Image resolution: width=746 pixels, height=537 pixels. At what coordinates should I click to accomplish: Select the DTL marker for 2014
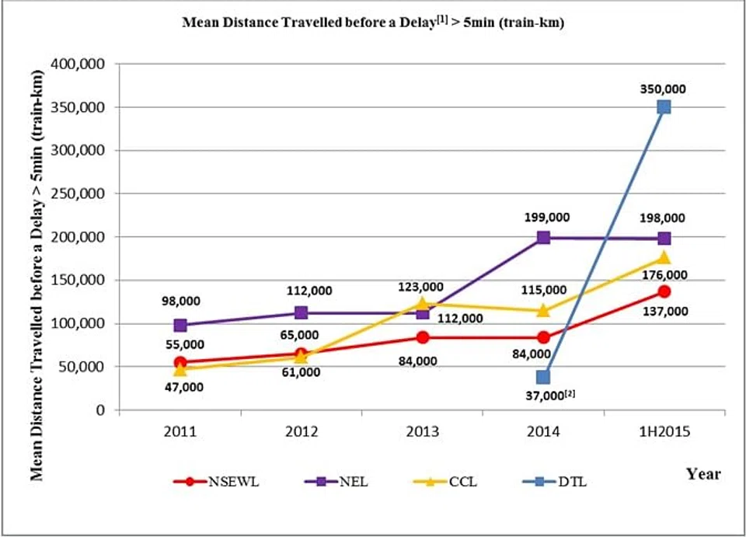[542, 378]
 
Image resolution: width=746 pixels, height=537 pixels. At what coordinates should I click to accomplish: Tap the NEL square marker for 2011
[180, 326]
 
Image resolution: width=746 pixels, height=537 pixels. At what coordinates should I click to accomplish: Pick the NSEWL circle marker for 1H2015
[664, 291]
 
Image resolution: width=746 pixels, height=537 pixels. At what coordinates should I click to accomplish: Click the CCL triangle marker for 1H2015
[664, 257]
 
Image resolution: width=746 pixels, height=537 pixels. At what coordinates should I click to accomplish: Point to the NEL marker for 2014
[543, 238]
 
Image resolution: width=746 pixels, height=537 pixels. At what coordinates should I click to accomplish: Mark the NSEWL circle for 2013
[422, 337]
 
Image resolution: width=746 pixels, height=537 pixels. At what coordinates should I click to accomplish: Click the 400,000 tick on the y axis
[80, 65]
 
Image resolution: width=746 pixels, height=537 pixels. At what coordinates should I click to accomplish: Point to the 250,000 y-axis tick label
[80, 194]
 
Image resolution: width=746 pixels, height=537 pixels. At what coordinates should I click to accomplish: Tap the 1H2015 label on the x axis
[664, 429]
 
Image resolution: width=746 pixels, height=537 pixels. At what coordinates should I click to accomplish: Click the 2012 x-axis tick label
[301, 429]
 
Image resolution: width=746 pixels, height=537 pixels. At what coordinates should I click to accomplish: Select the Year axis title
[703, 473]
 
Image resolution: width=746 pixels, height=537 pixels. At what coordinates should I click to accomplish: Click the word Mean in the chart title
[197, 23]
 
